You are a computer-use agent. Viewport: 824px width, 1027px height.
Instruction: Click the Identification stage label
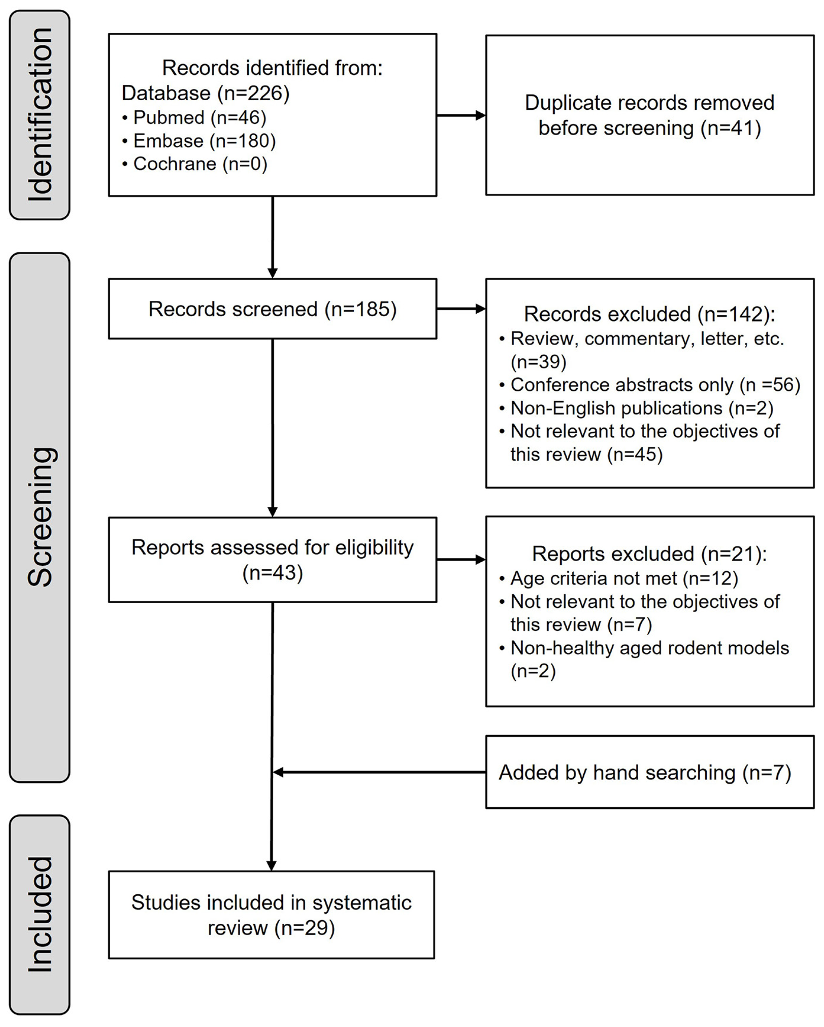[x=39, y=115]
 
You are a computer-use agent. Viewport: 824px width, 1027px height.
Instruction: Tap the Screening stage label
[x=39, y=517]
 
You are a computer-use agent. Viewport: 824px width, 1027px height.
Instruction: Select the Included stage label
[x=39, y=915]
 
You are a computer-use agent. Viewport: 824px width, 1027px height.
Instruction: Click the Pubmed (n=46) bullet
[x=194, y=118]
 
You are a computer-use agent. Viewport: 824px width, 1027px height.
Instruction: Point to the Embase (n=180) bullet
[x=199, y=141]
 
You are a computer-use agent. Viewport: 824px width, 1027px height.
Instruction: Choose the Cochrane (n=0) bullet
[x=194, y=164]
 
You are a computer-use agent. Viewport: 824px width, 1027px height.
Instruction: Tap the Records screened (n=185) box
[x=273, y=309]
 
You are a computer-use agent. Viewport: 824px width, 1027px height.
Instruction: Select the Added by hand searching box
[x=650, y=772]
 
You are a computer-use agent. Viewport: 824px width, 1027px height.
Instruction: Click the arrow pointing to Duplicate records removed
[x=461, y=115]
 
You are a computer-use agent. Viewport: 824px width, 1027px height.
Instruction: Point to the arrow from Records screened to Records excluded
[x=461, y=309]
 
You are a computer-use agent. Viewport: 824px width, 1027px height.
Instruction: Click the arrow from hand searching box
[x=379, y=772]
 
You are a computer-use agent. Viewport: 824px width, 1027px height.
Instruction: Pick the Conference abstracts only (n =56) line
[x=650, y=385]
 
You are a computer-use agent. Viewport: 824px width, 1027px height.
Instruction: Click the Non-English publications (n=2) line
[x=636, y=408]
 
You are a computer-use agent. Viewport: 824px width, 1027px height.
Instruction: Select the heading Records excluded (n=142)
[x=650, y=314]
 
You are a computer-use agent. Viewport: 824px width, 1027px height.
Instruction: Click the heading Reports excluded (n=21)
[x=650, y=554]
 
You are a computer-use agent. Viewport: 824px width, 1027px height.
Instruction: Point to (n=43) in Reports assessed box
[x=273, y=572]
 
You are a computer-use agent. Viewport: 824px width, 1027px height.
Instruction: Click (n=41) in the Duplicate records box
[x=731, y=128]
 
